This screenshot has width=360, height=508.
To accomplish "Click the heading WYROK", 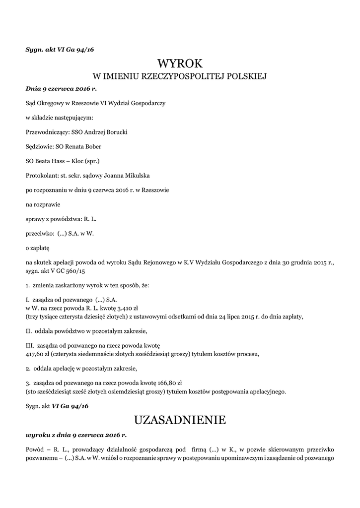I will coord(180,63).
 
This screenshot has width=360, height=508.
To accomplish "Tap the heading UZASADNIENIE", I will coord(180,420).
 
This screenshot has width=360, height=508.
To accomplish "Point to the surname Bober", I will coord(92,146).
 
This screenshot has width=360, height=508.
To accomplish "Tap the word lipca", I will coord(244,316).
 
